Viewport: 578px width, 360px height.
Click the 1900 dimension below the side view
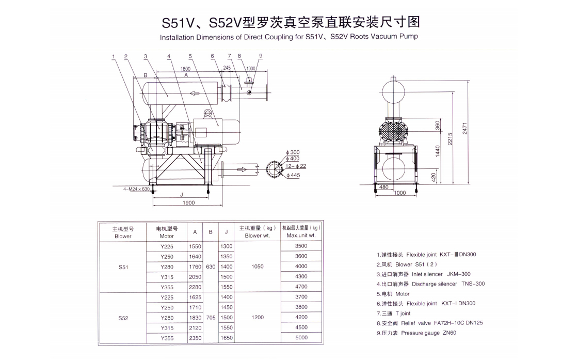point(189,203)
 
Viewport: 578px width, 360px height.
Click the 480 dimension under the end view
point(383,187)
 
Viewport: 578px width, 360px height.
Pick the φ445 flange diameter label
point(293,175)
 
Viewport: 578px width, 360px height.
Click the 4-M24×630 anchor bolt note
point(136,189)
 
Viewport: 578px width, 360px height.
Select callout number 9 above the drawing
point(261,56)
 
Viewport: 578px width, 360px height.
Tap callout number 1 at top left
point(113,56)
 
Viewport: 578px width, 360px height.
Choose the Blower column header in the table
point(123,232)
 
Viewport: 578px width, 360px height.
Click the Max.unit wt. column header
point(301,232)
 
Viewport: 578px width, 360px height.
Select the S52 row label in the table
point(123,318)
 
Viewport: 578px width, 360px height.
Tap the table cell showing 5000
point(301,338)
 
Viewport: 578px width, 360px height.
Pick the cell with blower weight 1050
point(257,267)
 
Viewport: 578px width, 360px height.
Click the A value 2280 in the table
point(195,287)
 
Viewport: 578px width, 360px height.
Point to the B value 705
point(211,318)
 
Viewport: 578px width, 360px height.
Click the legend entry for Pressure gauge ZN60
point(416,333)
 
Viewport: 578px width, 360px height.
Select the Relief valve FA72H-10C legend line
point(429,323)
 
